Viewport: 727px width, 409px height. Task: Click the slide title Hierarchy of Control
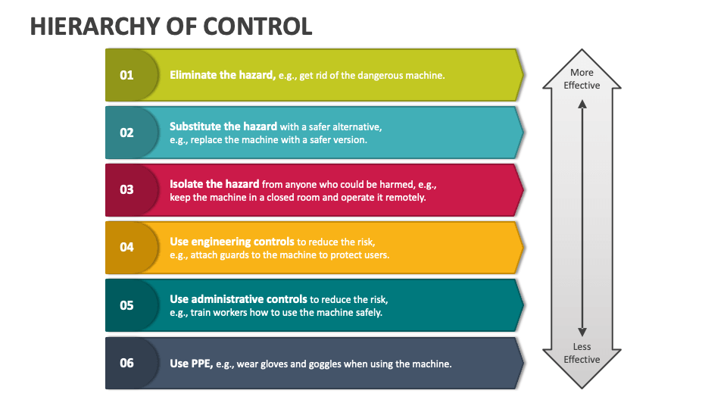pos(171,27)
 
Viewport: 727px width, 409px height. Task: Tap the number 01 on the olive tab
pos(126,75)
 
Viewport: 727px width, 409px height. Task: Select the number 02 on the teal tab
pos(126,133)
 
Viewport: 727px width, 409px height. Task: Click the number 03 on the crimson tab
pos(126,189)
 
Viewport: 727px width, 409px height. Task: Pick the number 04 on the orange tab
pos(126,247)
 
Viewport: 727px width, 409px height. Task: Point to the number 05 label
pos(126,305)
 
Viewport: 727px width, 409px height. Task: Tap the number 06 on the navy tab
pos(126,363)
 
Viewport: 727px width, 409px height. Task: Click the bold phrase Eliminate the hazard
pos(223,75)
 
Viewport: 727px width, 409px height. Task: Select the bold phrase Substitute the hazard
pos(223,126)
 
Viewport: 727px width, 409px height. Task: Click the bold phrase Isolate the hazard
pos(214,183)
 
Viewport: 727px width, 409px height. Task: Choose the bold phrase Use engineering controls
pos(232,242)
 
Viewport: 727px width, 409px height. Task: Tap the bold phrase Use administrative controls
pos(239,299)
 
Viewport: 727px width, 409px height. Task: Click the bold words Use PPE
pos(191,364)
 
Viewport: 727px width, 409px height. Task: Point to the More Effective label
pos(582,79)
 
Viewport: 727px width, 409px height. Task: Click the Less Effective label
pos(582,353)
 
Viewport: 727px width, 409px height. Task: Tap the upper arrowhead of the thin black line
pos(582,104)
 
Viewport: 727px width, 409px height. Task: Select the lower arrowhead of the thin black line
pos(582,332)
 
